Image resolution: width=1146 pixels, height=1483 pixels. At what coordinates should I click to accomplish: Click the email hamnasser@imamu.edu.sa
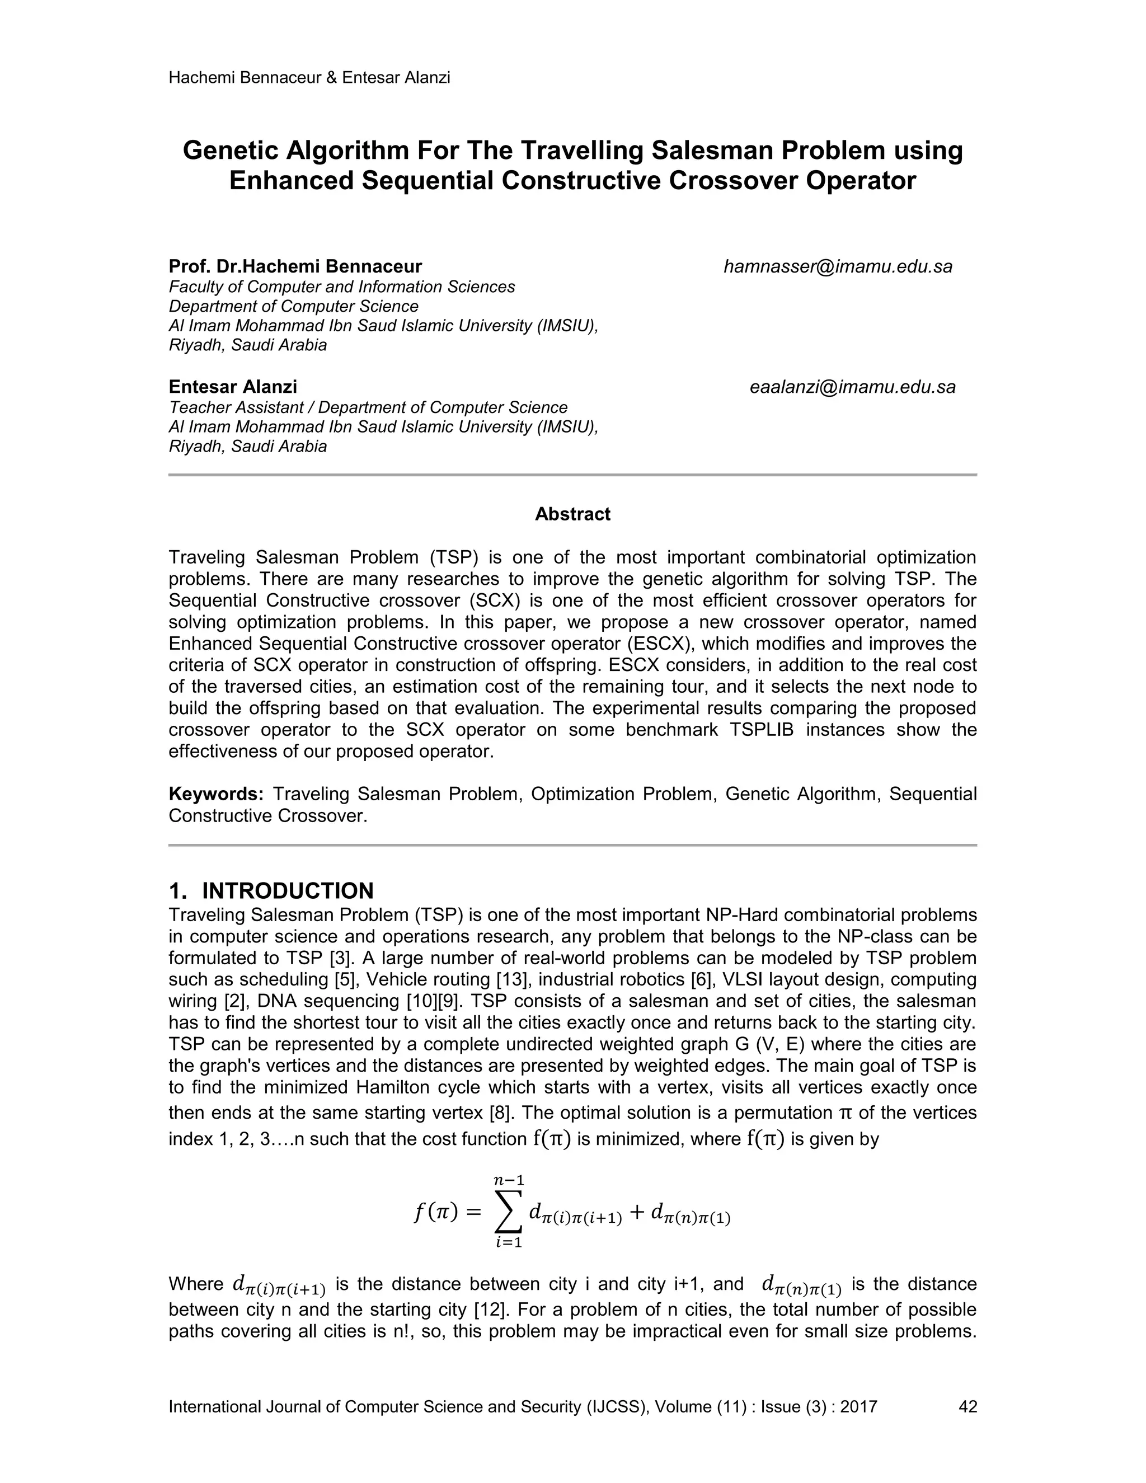(x=838, y=267)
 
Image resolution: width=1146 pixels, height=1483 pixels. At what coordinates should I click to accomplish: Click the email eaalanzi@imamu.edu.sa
(x=852, y=387)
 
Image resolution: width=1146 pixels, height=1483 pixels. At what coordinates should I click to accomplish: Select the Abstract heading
(x=572, y=514)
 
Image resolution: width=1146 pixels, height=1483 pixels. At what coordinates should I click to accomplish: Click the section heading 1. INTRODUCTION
(x=271, y=890)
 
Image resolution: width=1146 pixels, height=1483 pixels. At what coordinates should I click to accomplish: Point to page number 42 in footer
(x=967, y=1406)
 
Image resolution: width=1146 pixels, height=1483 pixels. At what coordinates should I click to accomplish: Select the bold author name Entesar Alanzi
(x=233, y=387)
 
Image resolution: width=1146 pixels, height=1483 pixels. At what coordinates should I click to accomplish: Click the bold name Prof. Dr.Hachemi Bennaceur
(x=295, y=267)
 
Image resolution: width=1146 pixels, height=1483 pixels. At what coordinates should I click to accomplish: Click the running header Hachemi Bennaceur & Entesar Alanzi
(x=309, y=77)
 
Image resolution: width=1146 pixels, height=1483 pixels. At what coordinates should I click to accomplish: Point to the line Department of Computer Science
(x=293, y=306)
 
